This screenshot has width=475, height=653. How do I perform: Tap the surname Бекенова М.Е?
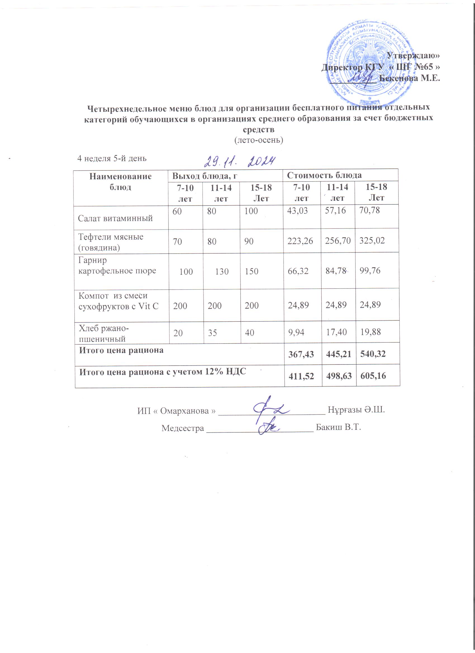pos(409,78)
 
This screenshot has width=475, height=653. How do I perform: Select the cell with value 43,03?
pos(298,211)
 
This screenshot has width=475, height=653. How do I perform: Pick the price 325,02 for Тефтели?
pos(372,240)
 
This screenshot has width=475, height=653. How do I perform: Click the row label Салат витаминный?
pos(115,218)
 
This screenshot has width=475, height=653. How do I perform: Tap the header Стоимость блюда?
pos(324,175)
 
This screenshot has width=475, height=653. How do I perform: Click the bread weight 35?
pos(212,333)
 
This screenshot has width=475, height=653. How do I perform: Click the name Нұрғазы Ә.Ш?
pos(356,410)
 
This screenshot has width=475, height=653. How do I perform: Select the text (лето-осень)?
pos(258,140)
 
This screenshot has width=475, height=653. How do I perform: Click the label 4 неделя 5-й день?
pos(112,158)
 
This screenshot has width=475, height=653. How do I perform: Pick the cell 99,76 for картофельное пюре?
pos(370,271)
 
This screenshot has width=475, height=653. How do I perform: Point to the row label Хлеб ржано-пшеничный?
pos(104,333)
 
